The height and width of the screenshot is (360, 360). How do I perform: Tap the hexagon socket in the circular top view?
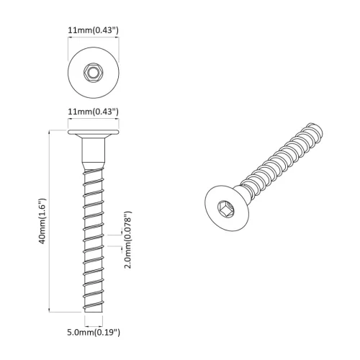point(93,73)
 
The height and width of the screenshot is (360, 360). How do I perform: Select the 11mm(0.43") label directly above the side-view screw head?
point(93,112)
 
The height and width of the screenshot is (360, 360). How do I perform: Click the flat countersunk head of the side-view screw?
point(93,134)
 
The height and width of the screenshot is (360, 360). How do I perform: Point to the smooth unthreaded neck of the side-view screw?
point(93,152)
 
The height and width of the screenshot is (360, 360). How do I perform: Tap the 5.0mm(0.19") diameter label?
point(93,332)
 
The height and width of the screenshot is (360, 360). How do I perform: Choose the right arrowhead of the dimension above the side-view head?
point(117,124)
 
